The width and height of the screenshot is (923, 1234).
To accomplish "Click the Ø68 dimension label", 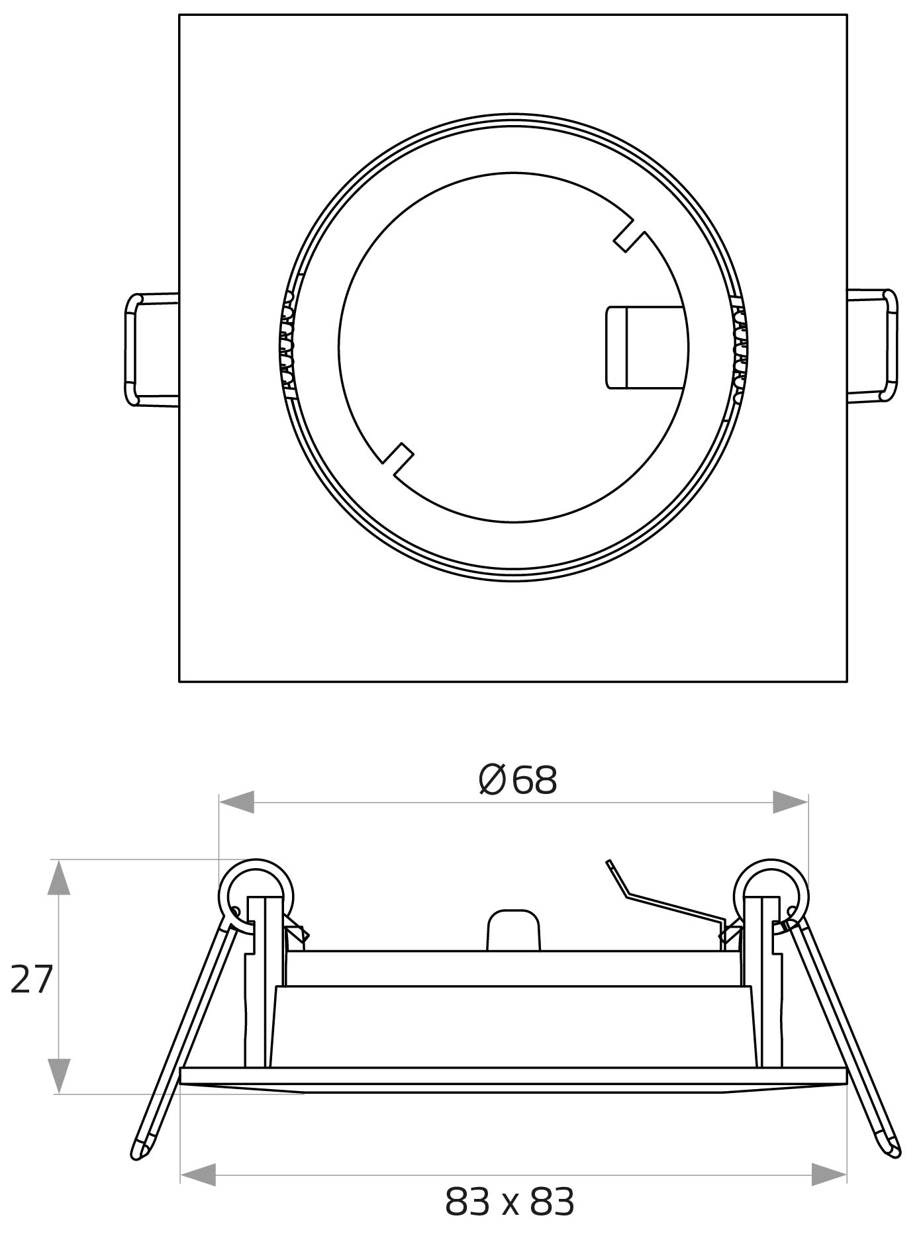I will (517, 780).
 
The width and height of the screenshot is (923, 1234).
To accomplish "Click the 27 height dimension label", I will (31, 980).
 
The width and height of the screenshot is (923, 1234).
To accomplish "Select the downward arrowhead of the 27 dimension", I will (59, 1075).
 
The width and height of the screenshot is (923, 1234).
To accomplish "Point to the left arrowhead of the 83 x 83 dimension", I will (198, 1175).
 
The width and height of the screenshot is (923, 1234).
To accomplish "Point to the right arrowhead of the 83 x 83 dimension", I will (829, 1175).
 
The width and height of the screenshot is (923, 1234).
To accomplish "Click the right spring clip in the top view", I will (873, 345).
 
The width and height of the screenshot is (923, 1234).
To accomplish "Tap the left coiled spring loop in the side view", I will (256, 893).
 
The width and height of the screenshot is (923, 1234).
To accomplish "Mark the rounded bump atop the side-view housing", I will (513, 930).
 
